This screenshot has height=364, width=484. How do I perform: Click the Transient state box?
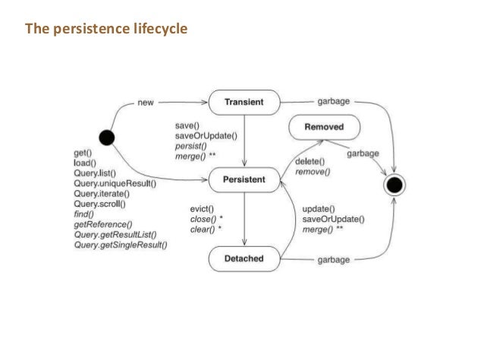pos(244,101)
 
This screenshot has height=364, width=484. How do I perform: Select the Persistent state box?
pos(244,179)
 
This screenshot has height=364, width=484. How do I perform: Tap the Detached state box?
pos(244,259)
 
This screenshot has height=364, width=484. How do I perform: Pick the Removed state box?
pos(324,128)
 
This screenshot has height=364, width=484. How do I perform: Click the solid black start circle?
pos(107,138)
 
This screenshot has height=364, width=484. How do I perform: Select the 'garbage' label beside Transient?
pos(335,101)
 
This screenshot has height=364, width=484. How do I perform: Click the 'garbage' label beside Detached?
pos(335,260)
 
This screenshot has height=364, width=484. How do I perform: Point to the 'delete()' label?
pos(309,161)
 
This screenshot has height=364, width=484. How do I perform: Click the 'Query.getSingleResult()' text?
pos(121,245)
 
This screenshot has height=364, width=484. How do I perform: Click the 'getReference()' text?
pos(103,224)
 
